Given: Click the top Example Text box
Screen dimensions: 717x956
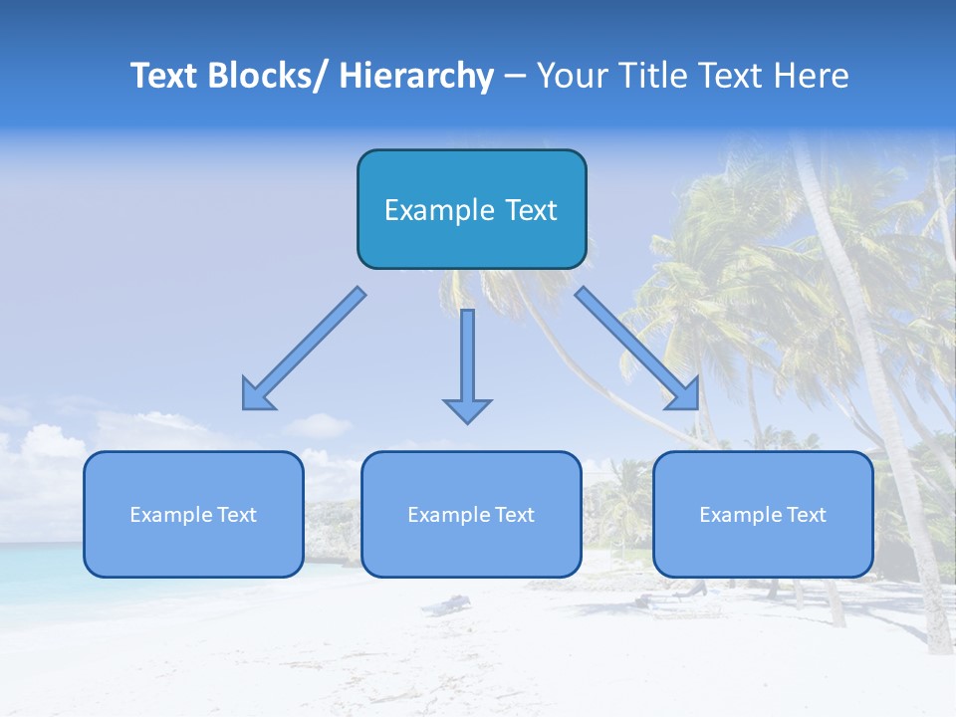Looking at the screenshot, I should click(471, 209).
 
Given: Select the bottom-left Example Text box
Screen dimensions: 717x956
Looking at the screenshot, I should click(193, 514).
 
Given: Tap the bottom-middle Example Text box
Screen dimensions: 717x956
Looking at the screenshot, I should click(471, 514).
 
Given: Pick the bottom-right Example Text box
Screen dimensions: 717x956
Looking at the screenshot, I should click(763, 514).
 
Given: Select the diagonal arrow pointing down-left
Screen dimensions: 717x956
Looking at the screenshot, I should click(305, 348).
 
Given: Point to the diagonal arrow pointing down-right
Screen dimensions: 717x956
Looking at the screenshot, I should click(637, 348).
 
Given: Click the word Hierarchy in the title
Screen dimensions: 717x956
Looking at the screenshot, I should click(416, 76).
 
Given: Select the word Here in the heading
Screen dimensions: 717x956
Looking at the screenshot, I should click(813, 76).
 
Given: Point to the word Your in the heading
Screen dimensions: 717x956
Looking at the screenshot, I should click(570, 76).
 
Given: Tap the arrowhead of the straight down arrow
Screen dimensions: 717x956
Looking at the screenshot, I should click(467, 410).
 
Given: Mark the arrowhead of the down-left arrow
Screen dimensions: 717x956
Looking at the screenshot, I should click(256, 396).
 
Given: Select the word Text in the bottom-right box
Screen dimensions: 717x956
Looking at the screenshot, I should click(807, 514).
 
